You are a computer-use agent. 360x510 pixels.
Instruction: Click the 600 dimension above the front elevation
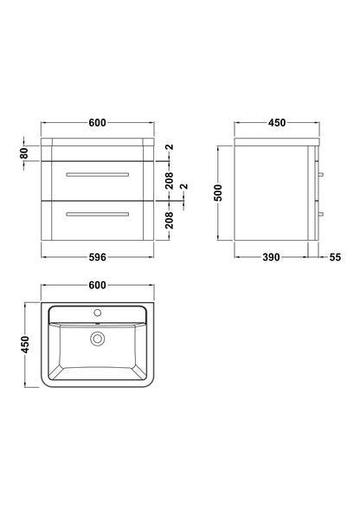pos(97,123)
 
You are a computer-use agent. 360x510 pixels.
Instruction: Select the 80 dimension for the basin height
pos(24,152)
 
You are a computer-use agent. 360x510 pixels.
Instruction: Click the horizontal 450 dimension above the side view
pos(276,123)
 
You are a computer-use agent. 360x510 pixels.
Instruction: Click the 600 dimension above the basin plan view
pos(97,286)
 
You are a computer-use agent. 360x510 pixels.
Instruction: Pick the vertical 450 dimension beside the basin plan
pos(24,345)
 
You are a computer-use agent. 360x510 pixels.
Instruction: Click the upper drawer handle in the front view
pos(97,176)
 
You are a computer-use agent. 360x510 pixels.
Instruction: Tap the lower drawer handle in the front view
pos(97,213)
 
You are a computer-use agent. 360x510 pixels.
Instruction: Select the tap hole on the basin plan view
pos(97,312)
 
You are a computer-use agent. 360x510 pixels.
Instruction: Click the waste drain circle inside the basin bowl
pos(97,339)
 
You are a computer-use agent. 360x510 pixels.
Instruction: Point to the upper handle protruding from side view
pos(321,176)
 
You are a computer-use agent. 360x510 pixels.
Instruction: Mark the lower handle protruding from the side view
pos(321,213)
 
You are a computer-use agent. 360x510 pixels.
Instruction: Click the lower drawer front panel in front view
pos(97,223)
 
